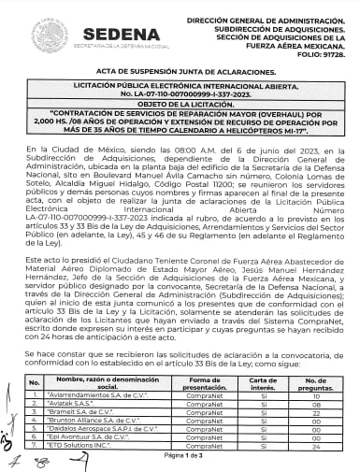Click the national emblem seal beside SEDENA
click(x=49, y=36)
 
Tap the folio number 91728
click(x=325, y=55)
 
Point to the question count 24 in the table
click(x=315, y=447)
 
